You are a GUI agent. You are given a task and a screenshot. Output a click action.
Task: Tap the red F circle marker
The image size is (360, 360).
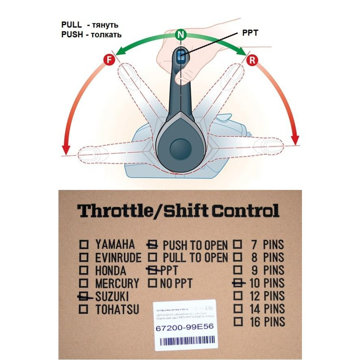coord(108,59)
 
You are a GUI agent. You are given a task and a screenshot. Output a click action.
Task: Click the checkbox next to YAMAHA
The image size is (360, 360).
coord(84,245)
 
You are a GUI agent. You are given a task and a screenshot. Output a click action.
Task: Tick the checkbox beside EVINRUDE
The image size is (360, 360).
coord(84,258)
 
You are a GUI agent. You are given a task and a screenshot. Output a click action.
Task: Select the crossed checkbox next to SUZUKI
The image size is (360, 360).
coord(84,297)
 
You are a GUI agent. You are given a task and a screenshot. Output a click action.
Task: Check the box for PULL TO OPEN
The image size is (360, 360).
coord(153,258)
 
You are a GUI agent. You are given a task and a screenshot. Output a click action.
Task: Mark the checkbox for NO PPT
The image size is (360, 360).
coord(153,283)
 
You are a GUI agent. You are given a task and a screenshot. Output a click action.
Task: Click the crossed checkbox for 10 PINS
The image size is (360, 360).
coord(238,283)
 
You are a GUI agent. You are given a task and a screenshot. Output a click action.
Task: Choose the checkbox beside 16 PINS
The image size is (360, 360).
coord(238,322)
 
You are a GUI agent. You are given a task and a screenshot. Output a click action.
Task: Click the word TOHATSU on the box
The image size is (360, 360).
coord(117,310)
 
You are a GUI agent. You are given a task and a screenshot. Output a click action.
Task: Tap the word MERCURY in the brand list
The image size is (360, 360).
coord(117,284)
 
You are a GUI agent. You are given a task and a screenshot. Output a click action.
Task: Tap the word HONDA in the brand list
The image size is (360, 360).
coord(111,271)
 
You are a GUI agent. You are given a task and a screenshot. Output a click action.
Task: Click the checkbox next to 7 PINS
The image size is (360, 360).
coord(238,245)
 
